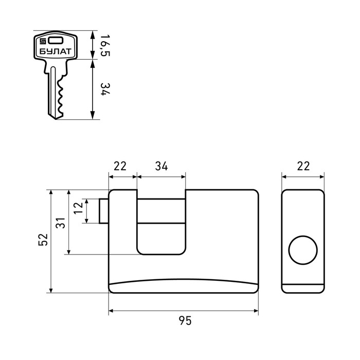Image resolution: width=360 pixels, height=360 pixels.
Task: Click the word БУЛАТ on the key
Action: click(x=56, y=51)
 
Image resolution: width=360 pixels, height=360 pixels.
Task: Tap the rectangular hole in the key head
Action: click(x=56, y=41)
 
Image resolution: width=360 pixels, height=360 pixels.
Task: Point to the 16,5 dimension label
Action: click(x=105, y=45)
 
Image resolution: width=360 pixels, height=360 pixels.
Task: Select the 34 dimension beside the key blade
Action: click(x=105, y=89)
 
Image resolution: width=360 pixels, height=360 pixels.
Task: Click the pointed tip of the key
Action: click(x=56, y=119)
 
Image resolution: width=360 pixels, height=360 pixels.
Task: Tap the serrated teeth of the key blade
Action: click(x=61, y=97)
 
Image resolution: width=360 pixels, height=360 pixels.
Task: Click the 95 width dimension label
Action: click(x=185, y=320)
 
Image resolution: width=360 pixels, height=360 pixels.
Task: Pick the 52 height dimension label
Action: click(x=43, y=240)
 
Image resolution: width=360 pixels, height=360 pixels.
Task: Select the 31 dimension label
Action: click(x=61, y=223)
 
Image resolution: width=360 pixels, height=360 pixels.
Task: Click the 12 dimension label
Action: click(x=78, y=208)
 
